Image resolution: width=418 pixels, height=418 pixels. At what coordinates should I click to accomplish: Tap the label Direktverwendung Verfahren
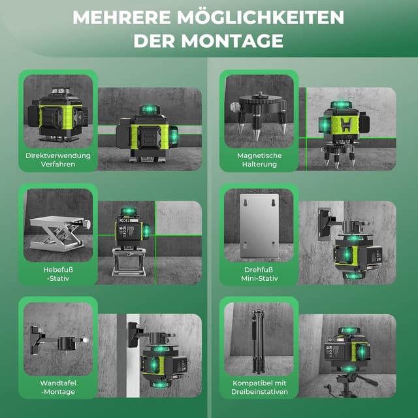click(58, 160)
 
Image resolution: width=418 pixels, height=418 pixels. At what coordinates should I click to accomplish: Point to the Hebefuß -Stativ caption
click(58, 274)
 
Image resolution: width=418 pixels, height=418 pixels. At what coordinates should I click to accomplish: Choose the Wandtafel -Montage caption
click(58, 387)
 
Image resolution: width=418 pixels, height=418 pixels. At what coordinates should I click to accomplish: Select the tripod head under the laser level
click(347, 379)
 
